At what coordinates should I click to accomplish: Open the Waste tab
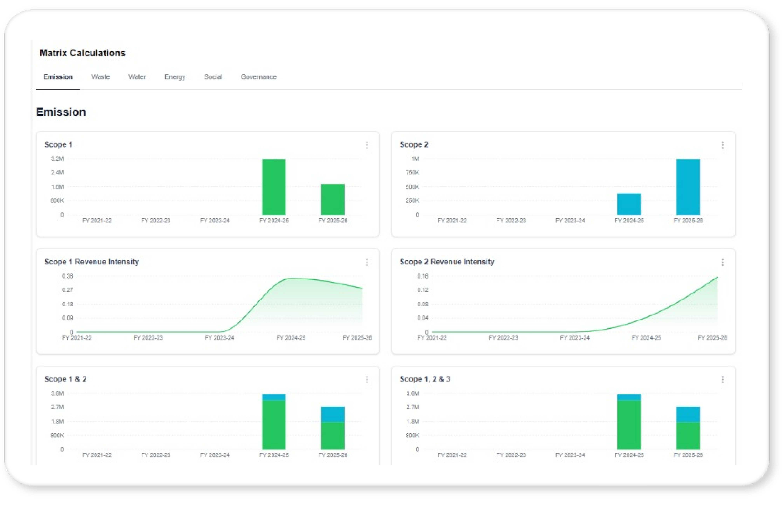click(100, 77)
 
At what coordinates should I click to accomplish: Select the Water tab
click(137, 77)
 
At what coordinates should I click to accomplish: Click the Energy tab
click(175, 77)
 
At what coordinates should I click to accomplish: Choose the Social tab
click(213, 77)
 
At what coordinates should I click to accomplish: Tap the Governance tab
click(258, 77)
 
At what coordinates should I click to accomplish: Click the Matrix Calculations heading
click(82, 53)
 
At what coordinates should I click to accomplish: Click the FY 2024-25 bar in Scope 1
click(274, 187)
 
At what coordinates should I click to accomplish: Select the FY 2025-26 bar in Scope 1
click(333, 199)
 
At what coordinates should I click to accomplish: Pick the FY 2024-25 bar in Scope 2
click(629, 204)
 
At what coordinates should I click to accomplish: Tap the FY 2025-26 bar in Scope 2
click(688, 187)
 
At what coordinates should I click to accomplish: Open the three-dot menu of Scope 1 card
click(367, 145)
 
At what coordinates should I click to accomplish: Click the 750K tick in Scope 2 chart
click(412, 172)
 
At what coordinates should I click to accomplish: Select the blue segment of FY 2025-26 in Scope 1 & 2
click(333, 414)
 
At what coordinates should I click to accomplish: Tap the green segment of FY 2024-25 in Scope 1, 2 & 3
click(629, 425)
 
